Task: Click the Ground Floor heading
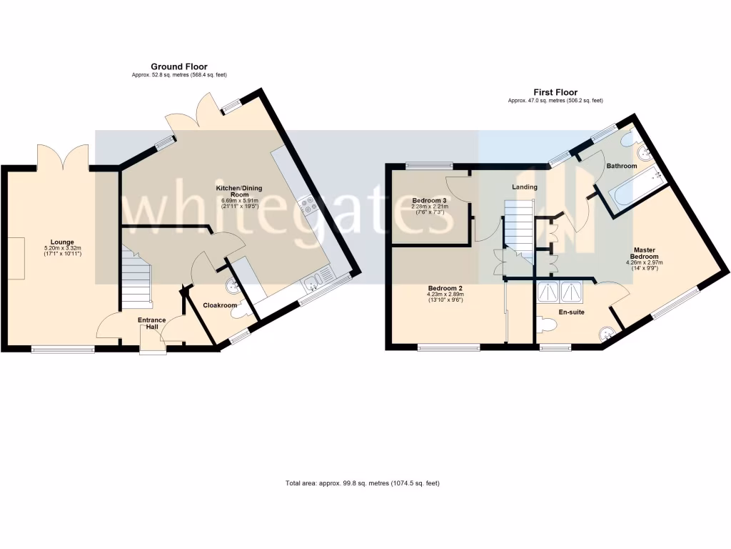[179, 66]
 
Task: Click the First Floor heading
[555, 92]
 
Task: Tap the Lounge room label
[62, 242]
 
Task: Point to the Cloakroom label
[220, 305]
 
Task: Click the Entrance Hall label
[152, 323]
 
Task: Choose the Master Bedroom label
[644, 253]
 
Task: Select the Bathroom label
[621, 166]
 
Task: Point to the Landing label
[525, 187]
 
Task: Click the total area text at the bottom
[363, 483]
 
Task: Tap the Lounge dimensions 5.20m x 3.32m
[62, 251]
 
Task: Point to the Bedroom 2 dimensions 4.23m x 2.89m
[446, 297]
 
